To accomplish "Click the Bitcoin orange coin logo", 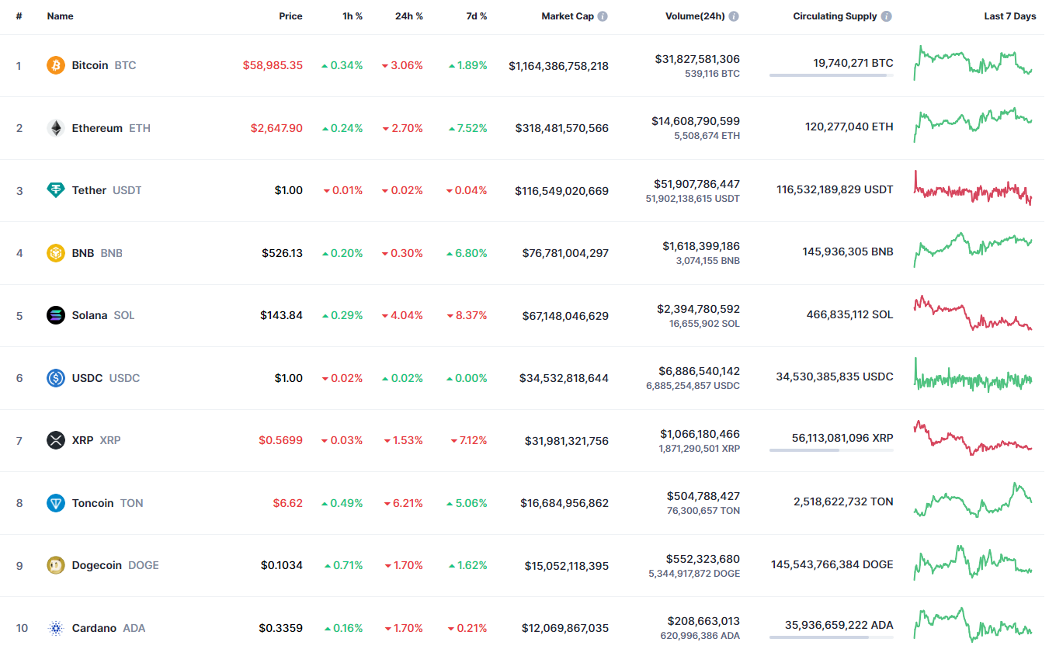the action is (x=56, y=65).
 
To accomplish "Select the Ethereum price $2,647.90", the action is (x=276, y=128).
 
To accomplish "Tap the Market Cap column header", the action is (x=568, y=16).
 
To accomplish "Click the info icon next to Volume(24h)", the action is (x=734, y=16).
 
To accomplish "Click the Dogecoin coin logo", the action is (x=56, y=565).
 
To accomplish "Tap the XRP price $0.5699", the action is (x=280, y=440).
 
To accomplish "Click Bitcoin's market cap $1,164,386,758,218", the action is (x=558, y=66).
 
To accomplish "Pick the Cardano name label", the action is (x=94, y=628).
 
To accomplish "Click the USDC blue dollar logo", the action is (x=56, y=377).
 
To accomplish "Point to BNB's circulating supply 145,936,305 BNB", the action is (x=848, y=252).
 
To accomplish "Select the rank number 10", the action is (x=22, y=628).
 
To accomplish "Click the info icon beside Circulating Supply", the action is (x=887, y=16).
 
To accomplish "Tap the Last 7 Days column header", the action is (x=1009, y=16).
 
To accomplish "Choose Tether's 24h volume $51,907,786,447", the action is (x=696, y=184).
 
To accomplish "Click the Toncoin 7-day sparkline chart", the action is (x=973, y=500).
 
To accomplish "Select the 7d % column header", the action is (x=476, y=16).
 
